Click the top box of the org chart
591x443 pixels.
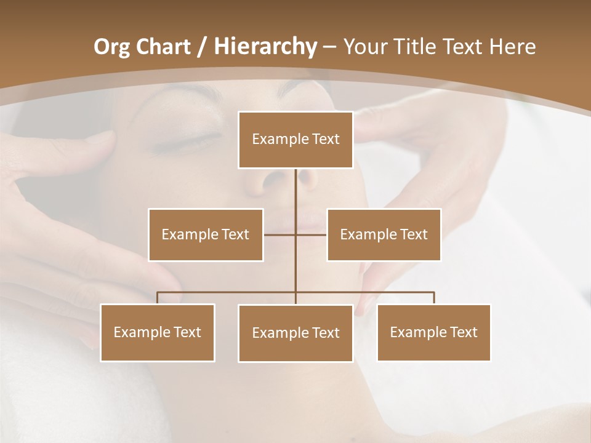pos(295,140)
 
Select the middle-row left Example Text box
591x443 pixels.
pos(206,234)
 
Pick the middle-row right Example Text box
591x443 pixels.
pos(384,234)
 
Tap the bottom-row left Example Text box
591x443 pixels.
pos(157,332)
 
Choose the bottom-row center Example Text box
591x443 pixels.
pos(295,333)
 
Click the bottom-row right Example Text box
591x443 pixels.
pos(433,332)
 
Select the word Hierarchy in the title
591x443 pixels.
pos(265,47)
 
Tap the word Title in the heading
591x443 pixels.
pos(414,47)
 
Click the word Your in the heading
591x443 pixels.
pos(363,47)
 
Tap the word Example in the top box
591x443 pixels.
pos(280,140)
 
